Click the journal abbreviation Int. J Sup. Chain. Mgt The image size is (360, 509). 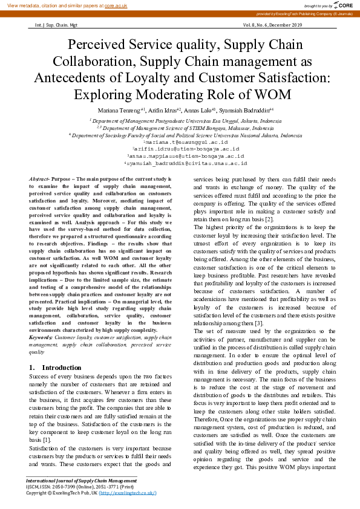pyautogui.click(x=53, y=25)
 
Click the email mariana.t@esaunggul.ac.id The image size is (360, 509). pyautogui.click(x=180, y=141)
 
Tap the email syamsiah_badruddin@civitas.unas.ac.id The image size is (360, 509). pyautogui.click(x=180, y=163)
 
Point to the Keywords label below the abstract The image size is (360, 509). pyautogui.click(x=41, y=337)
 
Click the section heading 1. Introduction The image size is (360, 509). pyautogui.click(x=55, y=368)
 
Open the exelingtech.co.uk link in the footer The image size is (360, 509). pyautogui.click(x=128, y=493)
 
